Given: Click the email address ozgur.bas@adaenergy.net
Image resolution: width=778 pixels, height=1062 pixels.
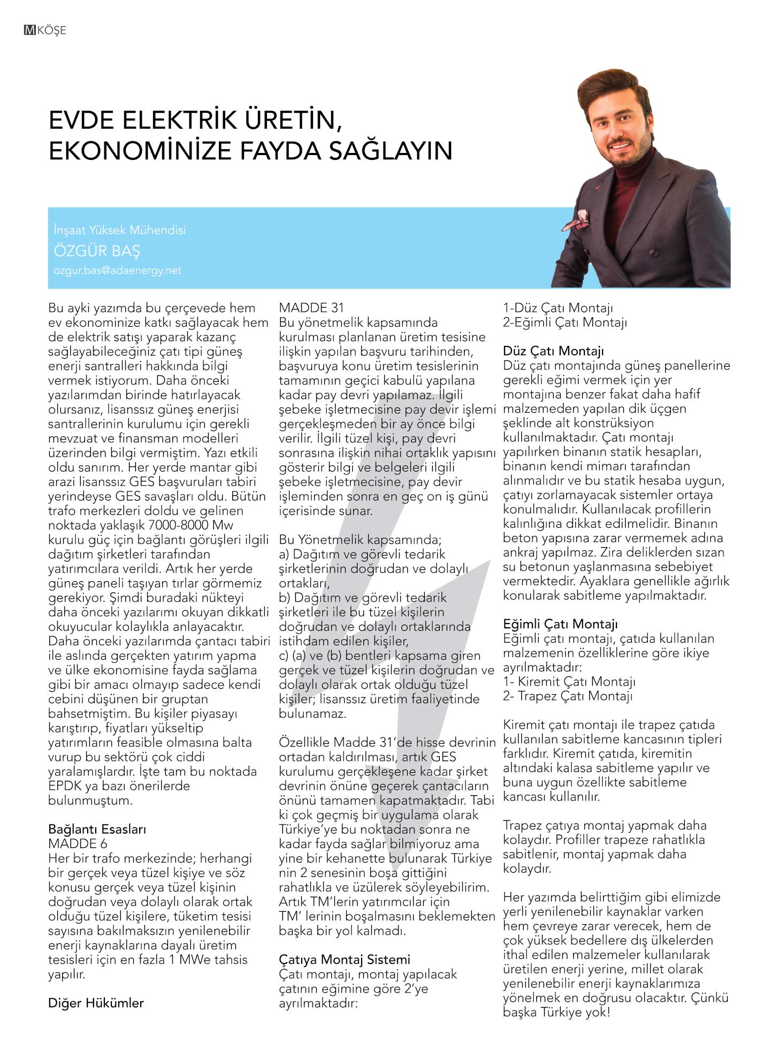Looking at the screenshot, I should [117, 271].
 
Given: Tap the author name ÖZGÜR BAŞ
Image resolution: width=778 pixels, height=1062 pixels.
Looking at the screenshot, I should [96, 250].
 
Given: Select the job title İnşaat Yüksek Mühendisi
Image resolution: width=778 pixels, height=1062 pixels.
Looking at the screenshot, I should [120, 230].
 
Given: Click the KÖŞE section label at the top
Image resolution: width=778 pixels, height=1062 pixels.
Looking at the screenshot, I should [52, 30].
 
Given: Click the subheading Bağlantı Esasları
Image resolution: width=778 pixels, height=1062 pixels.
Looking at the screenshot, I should [97, 829].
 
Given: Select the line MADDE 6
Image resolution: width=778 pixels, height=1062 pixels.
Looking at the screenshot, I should [78, 844].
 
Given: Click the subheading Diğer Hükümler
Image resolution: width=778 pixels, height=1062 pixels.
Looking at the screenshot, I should [96, 1003].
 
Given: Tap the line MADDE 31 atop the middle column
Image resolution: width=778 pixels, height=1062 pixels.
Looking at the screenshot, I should [311, 307].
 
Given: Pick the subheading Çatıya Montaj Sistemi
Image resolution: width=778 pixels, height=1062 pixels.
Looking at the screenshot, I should [344, 959].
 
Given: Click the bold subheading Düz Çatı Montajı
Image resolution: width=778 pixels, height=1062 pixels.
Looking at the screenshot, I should [553, 351].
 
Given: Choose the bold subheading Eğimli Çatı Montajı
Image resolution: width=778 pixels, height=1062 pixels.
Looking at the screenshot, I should [560, 624].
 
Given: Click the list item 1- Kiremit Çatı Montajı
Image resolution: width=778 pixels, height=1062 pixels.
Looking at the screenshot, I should [569, 682].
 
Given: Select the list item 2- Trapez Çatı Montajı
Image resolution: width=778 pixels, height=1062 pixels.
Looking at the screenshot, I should [568, 696].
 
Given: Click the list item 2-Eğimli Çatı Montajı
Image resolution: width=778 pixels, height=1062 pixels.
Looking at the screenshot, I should [565, 322].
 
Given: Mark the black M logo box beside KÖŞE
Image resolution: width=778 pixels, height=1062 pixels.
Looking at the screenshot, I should [30, 30].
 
